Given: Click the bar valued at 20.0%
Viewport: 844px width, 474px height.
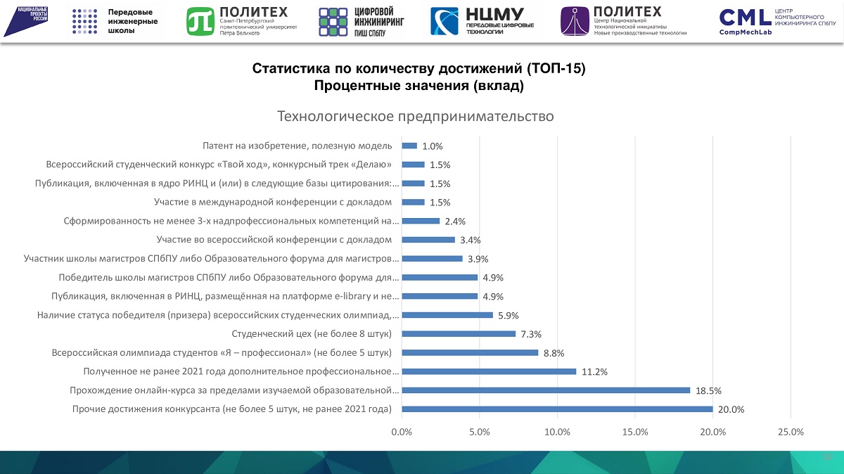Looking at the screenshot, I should click(x=557, y=409).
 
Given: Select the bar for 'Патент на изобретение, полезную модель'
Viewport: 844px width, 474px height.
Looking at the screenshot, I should click(x=409, y=146).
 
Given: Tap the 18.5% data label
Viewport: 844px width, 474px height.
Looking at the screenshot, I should click(x=709, y=390).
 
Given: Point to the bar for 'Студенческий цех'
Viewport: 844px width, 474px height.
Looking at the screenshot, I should click(x=459, y=333).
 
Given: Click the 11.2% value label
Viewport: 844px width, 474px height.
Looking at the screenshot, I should click(x=594, y=371).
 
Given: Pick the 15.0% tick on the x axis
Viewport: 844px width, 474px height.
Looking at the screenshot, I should click(x=635, y=432).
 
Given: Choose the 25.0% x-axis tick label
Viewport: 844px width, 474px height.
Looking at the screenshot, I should click(x=791, y=432).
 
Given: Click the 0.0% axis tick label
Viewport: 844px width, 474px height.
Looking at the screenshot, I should click(x=402, y=432).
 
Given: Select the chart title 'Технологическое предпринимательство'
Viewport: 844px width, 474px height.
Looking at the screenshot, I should click(x=416, y=115).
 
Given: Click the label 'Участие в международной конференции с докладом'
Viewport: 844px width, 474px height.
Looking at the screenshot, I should click(x=273, y=202).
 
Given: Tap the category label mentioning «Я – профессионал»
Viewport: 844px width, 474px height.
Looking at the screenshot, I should click(x=222, y=352).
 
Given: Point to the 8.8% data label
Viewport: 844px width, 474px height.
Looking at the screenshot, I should click(x=554, y=353).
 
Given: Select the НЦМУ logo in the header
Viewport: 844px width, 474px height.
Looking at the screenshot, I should click(x=482, y=21).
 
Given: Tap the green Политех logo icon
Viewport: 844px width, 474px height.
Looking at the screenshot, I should click(x=200, y=21).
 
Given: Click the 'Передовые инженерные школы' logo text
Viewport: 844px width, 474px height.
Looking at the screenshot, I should click(x=132, y=22).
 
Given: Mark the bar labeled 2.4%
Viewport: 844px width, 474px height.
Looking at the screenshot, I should click(x=421, y=221).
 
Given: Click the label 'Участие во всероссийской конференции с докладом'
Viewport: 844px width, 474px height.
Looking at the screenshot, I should click(x=274, y=240).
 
